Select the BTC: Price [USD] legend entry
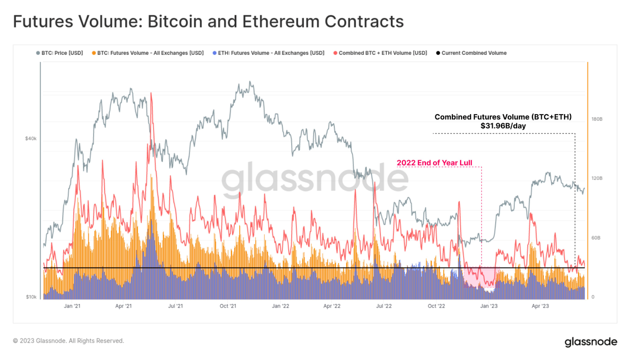[60, 53]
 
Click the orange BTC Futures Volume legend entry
[148, 53]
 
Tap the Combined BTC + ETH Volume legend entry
[380, 53]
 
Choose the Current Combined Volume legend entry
[471, 53]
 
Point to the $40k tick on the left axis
[31, 139]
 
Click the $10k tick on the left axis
[31, 297]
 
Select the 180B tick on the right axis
[597, 119]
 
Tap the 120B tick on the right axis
[597, 178]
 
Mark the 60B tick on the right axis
[596, 238]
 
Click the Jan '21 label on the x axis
[72, 306]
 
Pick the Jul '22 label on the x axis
[384, 306]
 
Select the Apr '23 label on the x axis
[540, 306]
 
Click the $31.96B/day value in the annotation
[503, 126]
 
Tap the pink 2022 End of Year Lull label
[434, 163]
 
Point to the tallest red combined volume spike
[151, 95]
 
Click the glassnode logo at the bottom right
[591, 341]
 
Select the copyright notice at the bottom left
[69, 341]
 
